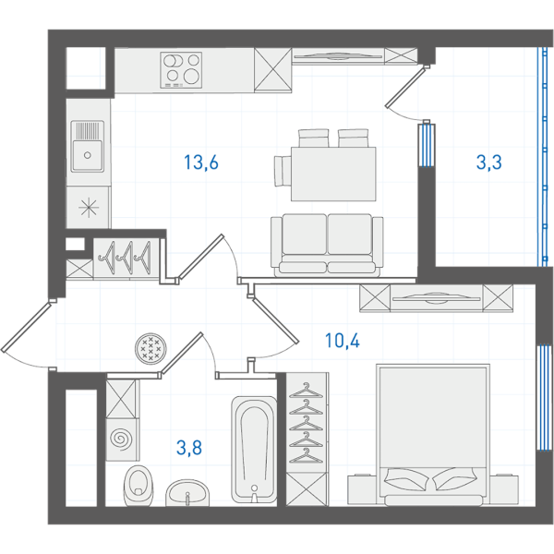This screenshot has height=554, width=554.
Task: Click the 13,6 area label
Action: click(201, 163)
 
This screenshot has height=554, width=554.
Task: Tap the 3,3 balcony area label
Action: click(489, 163)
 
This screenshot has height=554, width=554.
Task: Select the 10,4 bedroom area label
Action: click(342, 341)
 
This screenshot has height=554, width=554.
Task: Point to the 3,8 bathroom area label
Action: click(189, 448)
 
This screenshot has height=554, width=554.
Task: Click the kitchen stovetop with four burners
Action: click(181, 70)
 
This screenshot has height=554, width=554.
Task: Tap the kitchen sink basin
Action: click(88, 146)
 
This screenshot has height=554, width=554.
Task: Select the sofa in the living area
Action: click(327, 246)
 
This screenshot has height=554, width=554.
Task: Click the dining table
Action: click(333, 174)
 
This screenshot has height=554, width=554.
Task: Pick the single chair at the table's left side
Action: click(283, 171)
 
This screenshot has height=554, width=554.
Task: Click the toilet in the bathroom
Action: click(138, 485)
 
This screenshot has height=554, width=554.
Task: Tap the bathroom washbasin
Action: click(187, 492)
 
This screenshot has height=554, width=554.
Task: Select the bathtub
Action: click(254, 450)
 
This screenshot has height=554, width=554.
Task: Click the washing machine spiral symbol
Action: click(121, 440)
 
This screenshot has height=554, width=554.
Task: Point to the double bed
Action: click(433, 435)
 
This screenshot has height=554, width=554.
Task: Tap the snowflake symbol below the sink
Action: click(89, 207)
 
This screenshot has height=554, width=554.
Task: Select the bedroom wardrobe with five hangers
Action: click(307, 423)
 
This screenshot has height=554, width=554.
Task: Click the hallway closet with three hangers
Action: click(126, 258)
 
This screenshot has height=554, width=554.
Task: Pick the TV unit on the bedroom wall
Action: click(437, 298)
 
